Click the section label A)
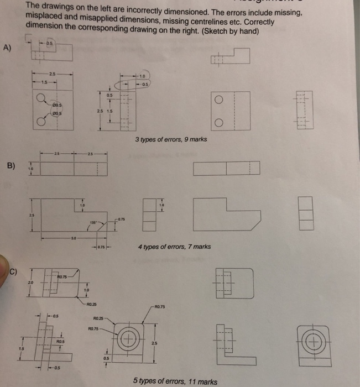tap(7, 47)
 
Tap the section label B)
tap(11, 165)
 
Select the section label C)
tap(18, 271)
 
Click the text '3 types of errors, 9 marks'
tap(171, 139)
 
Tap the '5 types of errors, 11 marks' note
tap(175, 381)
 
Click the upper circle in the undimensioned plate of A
tap(218, 100)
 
